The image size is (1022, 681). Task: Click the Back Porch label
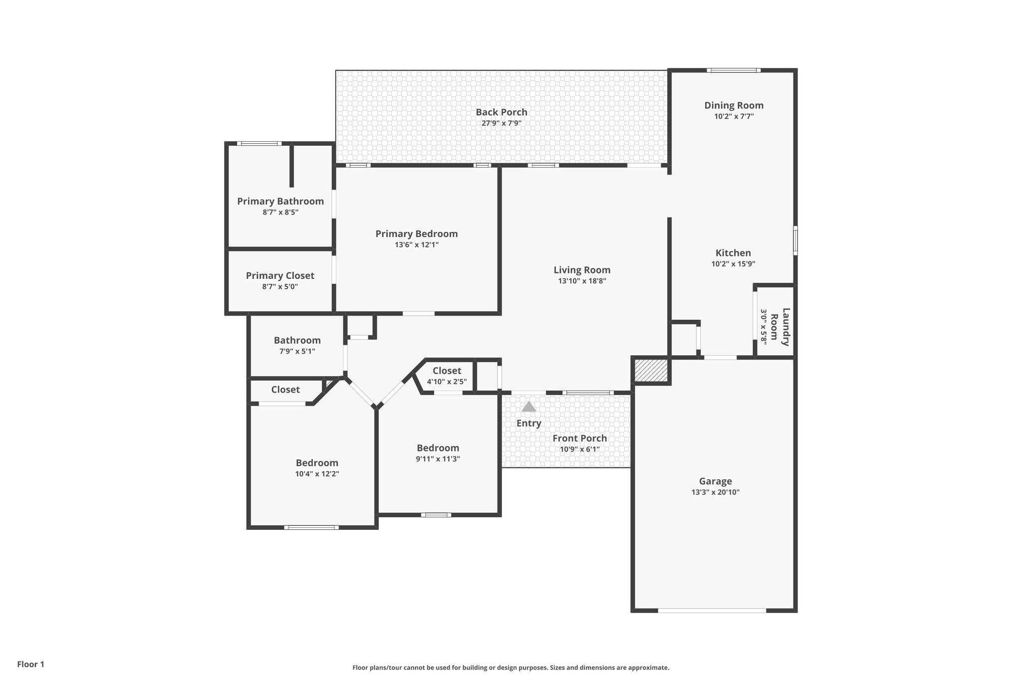click(x=501, y=112)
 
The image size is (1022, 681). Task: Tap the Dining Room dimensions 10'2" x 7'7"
click(x=734, y=117)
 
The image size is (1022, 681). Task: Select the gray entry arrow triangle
click(x=528, y=407)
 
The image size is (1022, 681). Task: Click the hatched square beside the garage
click(x=651, y=371)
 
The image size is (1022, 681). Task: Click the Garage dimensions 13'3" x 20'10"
click(x=715, y=492)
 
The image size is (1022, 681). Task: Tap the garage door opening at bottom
click(x=712, y=610)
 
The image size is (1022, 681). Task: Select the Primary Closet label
click(x=280, y=276)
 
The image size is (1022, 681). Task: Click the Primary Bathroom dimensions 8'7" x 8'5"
click(x=280, y=213)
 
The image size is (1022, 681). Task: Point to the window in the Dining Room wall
click(x=734, y=70)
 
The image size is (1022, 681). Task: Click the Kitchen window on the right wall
click(x=795, y=240)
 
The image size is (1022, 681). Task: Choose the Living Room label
click(x=582, y=270)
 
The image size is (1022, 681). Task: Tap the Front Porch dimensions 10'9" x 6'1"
click(x=579, y=450)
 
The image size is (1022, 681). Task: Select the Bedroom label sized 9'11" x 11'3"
click(x=438, y=448)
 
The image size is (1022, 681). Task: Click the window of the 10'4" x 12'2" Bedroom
click(x=311, y=527)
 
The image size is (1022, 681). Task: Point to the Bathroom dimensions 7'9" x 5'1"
click(x=297, y=352)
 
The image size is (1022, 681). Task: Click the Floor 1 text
click(x=31, y=665)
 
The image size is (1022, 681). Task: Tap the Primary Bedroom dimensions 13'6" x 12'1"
click(x=417, y=245)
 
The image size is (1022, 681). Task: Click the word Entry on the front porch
click(x=528, y=424)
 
